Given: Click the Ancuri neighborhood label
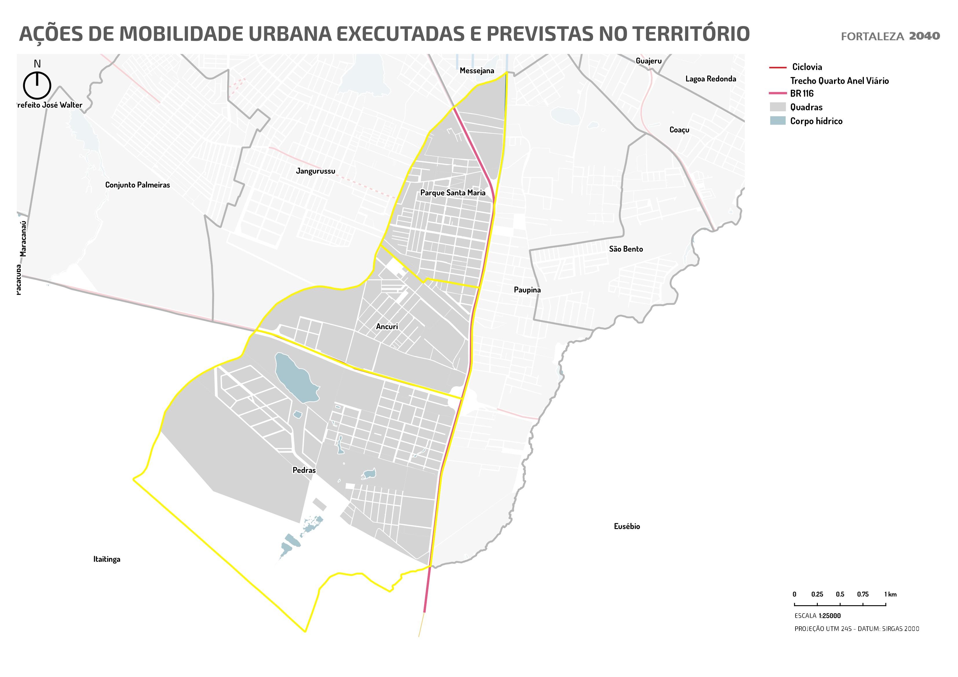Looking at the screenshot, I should coord(387,327).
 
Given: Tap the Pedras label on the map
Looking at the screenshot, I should coord(304,470).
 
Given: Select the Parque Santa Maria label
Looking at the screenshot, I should coord(453,193).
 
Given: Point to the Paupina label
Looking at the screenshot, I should coord(527,290).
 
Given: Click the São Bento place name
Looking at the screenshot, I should coord(626,249).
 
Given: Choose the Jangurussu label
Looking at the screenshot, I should coord(315,171).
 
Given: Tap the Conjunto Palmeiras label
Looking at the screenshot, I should coord(137,185).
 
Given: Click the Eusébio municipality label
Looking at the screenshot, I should coord(627,526).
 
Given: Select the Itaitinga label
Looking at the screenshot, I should coord(107,559).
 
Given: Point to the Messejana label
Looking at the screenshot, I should coord(477,70).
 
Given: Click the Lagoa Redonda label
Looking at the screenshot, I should coord(711,79).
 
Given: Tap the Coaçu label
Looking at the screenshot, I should coord(679,130).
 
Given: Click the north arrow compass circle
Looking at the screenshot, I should coord(37,85).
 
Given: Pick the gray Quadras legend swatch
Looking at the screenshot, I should coord(777,107).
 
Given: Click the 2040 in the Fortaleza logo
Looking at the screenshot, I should coord(924,36).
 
